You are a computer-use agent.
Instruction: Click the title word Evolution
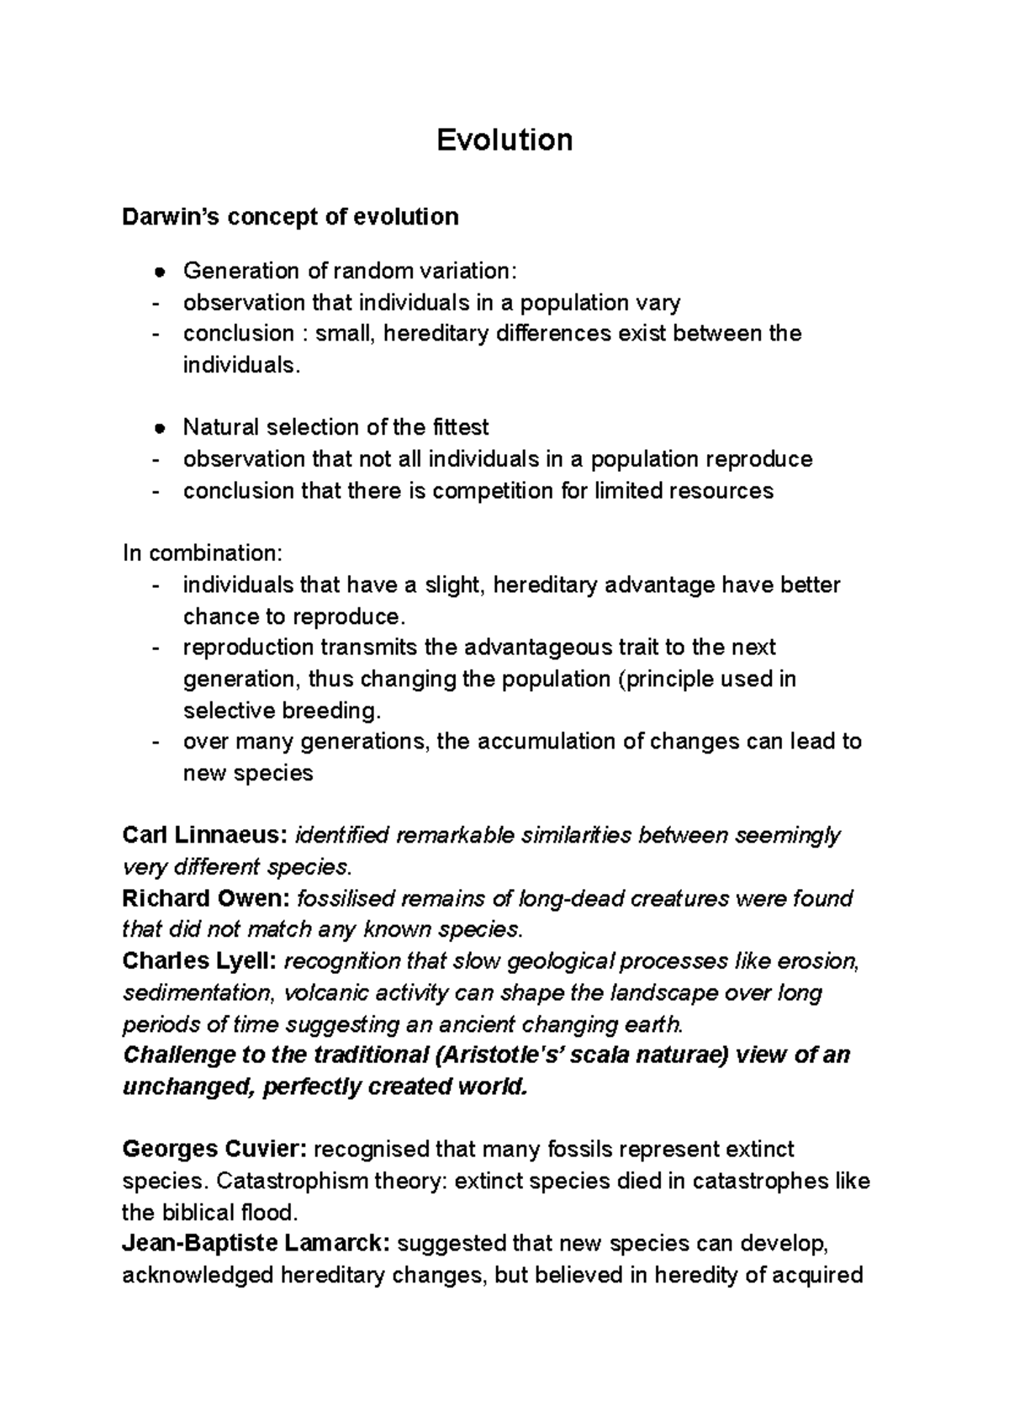click(x=504, y=140)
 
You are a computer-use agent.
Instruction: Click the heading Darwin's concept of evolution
click(x=290, y=217)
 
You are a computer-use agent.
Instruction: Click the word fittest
click(x=460, y=427)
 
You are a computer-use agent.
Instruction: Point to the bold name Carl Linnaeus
click(x=206, y=835)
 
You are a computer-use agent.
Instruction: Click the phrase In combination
click(x=203, y=553)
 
